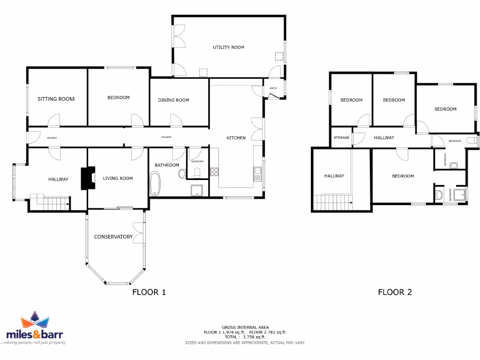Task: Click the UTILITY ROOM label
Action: tap(228, 47)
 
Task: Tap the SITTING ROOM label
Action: tap(56, 99)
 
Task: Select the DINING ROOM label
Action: tap(173, 100)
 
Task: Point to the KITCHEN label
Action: tap(236, 138)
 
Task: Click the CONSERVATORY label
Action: tap(113, 237)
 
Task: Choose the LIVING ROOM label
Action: tap(118, 178)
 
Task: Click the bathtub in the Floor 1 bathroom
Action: tap(155, 184)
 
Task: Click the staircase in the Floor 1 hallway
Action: tap(50, 202)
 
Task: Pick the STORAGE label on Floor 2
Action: tap(341, 138)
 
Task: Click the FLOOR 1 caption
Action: tap(149, 292)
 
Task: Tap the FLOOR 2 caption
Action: tap(395, 292)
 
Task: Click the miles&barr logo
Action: tap(35, 328)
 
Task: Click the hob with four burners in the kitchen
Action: tap(215, 172)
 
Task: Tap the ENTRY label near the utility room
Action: tap(273, 88)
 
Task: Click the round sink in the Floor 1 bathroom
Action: tap(181, 174)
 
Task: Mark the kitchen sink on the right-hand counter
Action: tap(257, 174)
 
